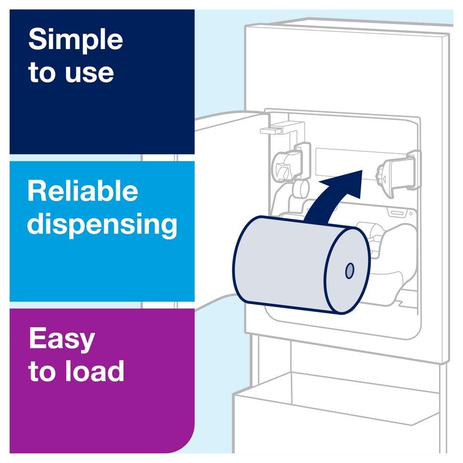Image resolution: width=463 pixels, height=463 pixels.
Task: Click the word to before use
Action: tap(41, 74)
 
